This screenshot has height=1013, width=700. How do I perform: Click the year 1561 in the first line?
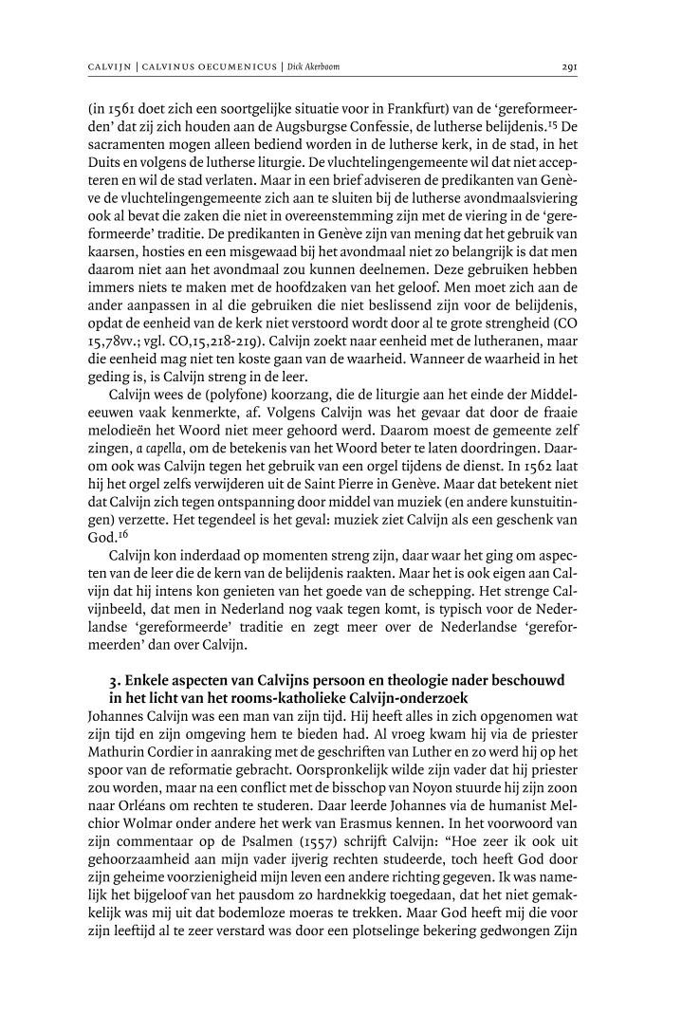point(117,108)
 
